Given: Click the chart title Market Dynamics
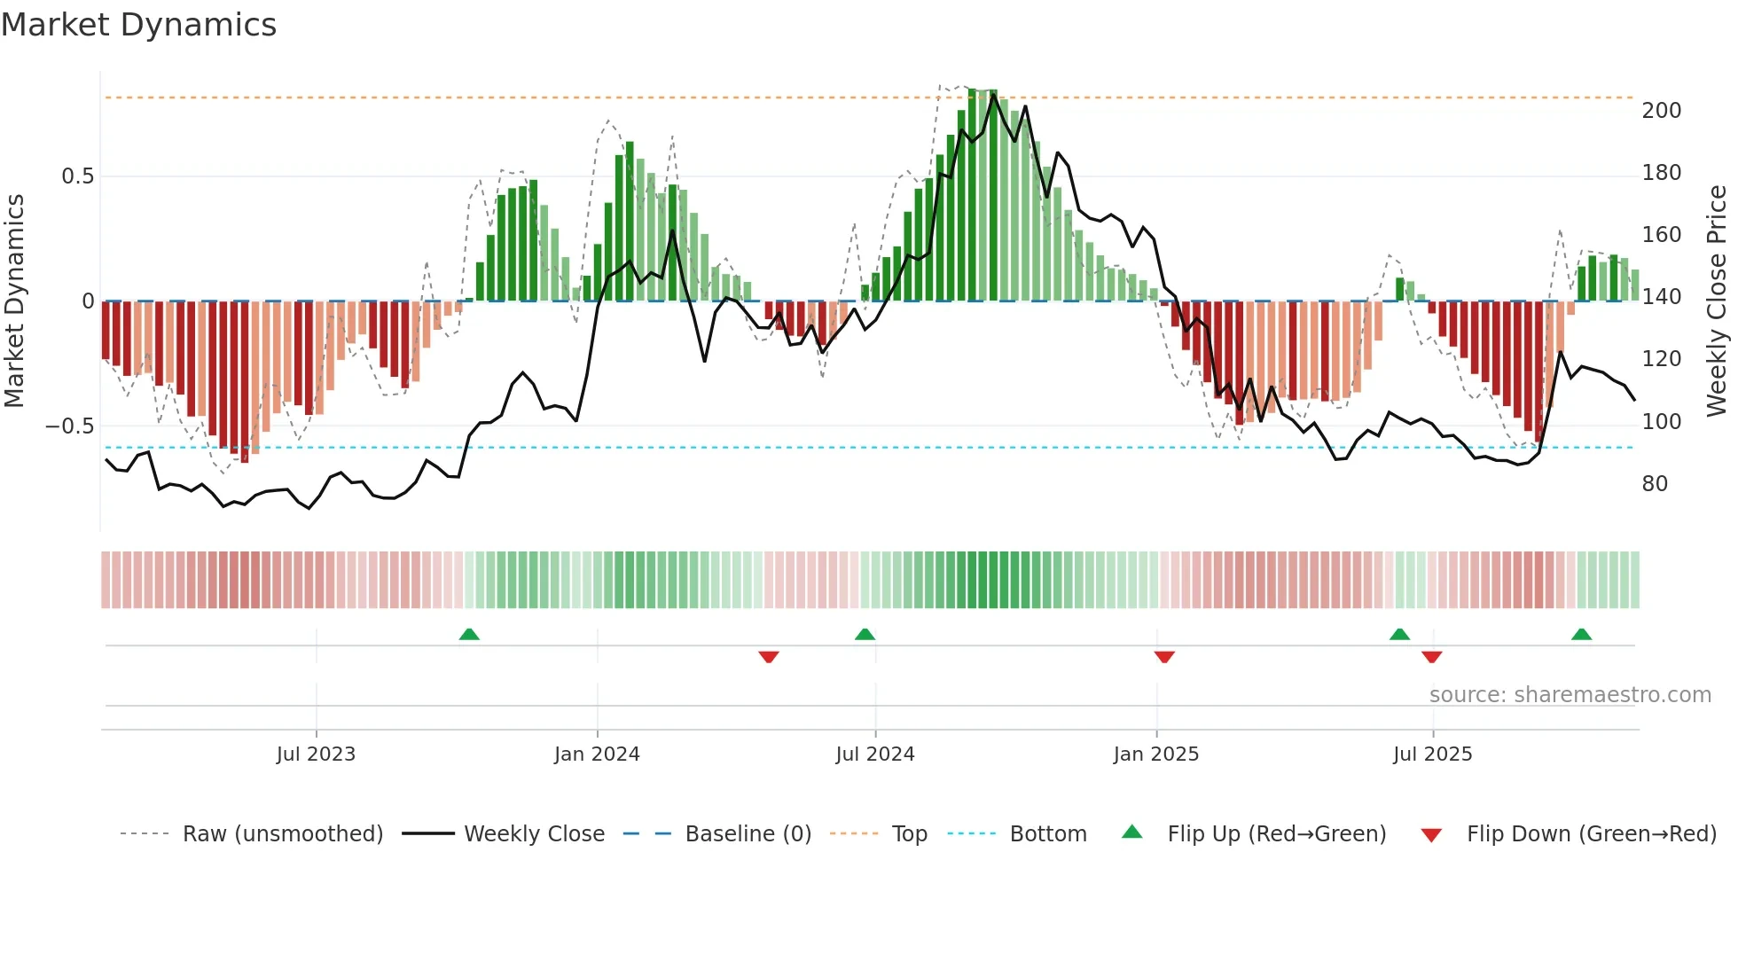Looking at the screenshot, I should pos(139,25).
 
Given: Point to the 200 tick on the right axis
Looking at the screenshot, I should pos(1661,111).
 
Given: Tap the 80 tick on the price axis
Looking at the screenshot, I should pos(1654,484).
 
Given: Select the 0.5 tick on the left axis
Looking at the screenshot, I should pos(77,176).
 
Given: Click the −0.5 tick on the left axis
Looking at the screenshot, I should pos(69,426).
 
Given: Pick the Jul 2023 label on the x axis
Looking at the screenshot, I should pos(316,754).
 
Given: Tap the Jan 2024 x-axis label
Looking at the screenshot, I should pos(597,754).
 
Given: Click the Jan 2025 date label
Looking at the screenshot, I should pos(1155,754).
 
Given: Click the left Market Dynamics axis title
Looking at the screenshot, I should pos(14,301).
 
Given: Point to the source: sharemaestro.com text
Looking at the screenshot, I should pos(1570,695).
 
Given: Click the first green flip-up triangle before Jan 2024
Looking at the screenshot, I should pos(469,634).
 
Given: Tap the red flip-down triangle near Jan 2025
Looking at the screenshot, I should pos(1164,657).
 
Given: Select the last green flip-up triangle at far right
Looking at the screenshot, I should pos(1581,634).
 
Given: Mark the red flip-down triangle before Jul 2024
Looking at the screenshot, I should pos(769,657).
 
